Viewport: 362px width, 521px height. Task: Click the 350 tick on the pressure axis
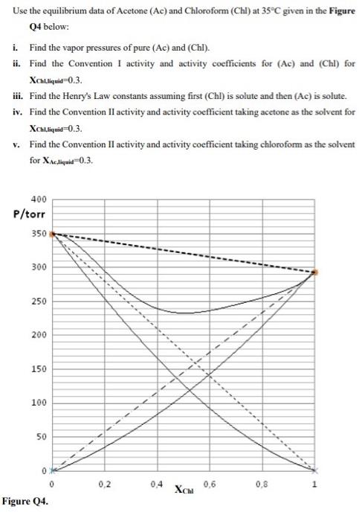coord(39,233)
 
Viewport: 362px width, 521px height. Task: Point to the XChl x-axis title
coord(184,489)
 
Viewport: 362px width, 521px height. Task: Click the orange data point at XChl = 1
coord(314,272)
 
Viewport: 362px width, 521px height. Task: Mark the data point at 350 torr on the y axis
coord(53,234)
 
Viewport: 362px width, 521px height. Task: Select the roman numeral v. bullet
coord(16,144)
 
